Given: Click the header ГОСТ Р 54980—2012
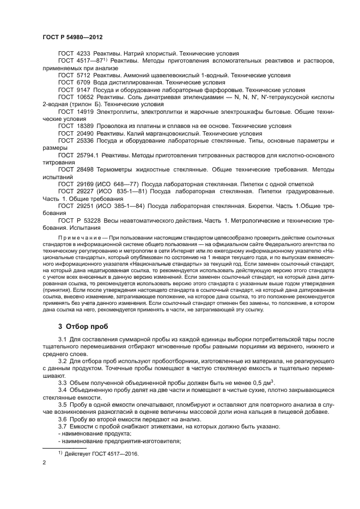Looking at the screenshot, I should (x=72, y=36).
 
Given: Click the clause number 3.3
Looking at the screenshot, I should (x=63, y=383).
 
